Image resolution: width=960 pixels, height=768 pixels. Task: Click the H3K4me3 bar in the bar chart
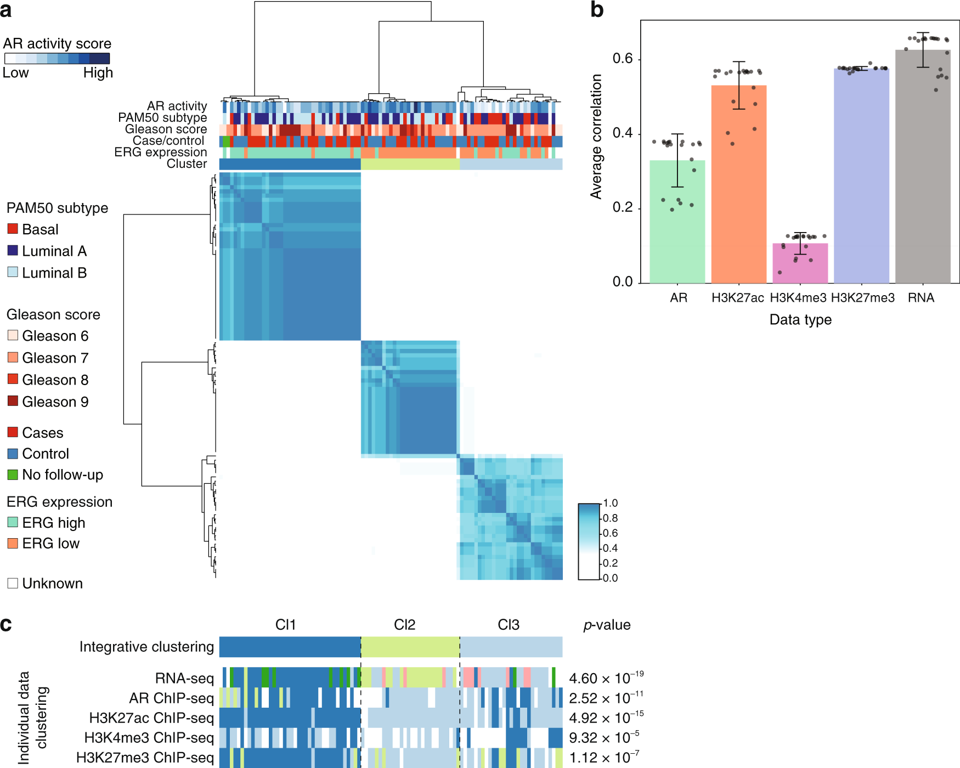pos(800,263)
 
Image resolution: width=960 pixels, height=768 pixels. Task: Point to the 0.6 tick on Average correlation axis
pos(623,59)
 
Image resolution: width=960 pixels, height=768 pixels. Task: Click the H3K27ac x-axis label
pos(737,298)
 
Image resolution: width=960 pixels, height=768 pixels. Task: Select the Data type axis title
pos(800,320)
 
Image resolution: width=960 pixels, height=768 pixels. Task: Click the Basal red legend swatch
pos(13,229)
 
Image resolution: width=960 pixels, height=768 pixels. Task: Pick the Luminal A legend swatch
pos(13,251)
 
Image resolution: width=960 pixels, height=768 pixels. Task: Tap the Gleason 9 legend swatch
pos(13,401)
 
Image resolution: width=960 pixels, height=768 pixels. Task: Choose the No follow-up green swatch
pos(13,475)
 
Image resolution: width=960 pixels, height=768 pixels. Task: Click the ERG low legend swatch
pos(13,543)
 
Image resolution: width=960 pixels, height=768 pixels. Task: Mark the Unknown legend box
pos(13,583)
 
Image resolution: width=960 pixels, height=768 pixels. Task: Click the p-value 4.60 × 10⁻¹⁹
pos(606,678)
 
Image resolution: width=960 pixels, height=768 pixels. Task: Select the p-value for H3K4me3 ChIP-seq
pos(604,737)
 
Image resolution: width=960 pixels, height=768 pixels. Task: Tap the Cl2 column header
pos(404,625)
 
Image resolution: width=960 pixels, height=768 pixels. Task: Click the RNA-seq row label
pos(184,679)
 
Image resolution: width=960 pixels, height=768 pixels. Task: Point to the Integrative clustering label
pos(146,647)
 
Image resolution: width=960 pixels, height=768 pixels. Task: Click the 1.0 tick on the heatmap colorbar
pos(610,503)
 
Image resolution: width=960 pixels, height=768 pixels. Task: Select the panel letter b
pos(597,10)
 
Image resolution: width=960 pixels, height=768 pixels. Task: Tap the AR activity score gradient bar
pos(57,59)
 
